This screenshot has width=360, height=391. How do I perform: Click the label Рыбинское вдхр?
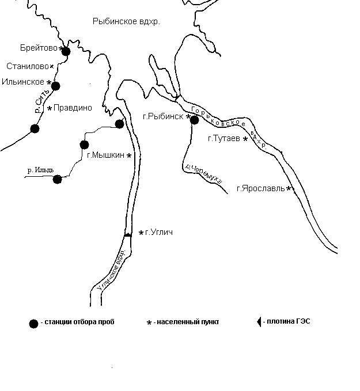126,21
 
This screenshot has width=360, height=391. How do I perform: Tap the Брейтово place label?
39,48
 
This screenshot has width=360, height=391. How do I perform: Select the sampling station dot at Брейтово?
66,51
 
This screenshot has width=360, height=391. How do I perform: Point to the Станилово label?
27,66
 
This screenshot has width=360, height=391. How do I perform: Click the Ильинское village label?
23,82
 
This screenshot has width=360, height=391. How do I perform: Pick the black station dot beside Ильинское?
55,86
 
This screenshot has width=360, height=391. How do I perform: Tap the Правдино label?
73,108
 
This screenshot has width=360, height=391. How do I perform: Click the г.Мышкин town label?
106,155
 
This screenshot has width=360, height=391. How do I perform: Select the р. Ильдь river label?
41,170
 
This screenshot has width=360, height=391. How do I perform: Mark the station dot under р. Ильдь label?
57,179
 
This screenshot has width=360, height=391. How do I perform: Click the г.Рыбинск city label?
163,116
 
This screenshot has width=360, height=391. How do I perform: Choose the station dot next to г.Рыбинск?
194,120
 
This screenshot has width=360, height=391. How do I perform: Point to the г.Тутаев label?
224,138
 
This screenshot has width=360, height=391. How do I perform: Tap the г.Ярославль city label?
260,188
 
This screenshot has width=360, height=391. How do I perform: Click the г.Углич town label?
159,232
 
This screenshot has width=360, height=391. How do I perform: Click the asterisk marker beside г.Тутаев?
245,139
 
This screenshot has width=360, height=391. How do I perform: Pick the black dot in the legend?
33,322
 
